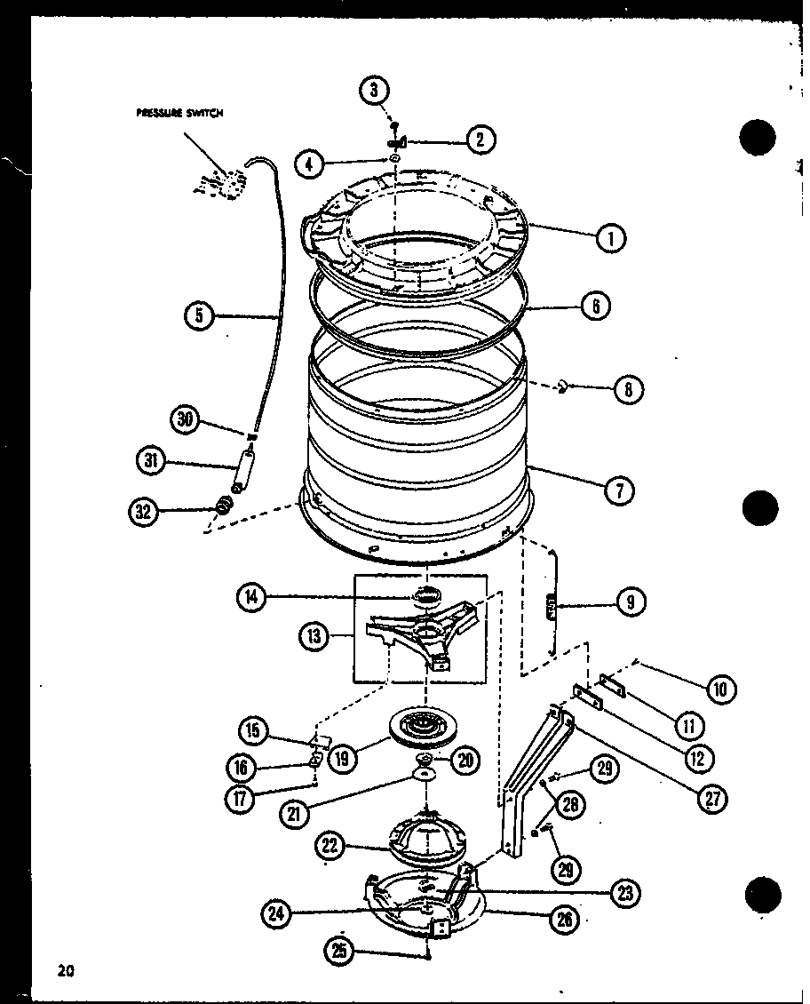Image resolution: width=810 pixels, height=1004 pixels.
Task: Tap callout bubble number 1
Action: (x=611, y=237)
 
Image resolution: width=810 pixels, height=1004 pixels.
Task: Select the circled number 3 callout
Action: (x=374, y=90)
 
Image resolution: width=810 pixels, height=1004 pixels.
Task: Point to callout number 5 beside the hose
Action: (x=200, y=315)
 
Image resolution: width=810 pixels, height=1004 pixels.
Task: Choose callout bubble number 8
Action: (x=629, y=388)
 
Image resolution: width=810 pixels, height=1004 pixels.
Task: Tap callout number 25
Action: (x=339, y=952)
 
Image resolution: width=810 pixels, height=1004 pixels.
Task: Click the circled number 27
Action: (x=712, y=798)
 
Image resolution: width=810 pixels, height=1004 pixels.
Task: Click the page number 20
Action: (x=63, y=970)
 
